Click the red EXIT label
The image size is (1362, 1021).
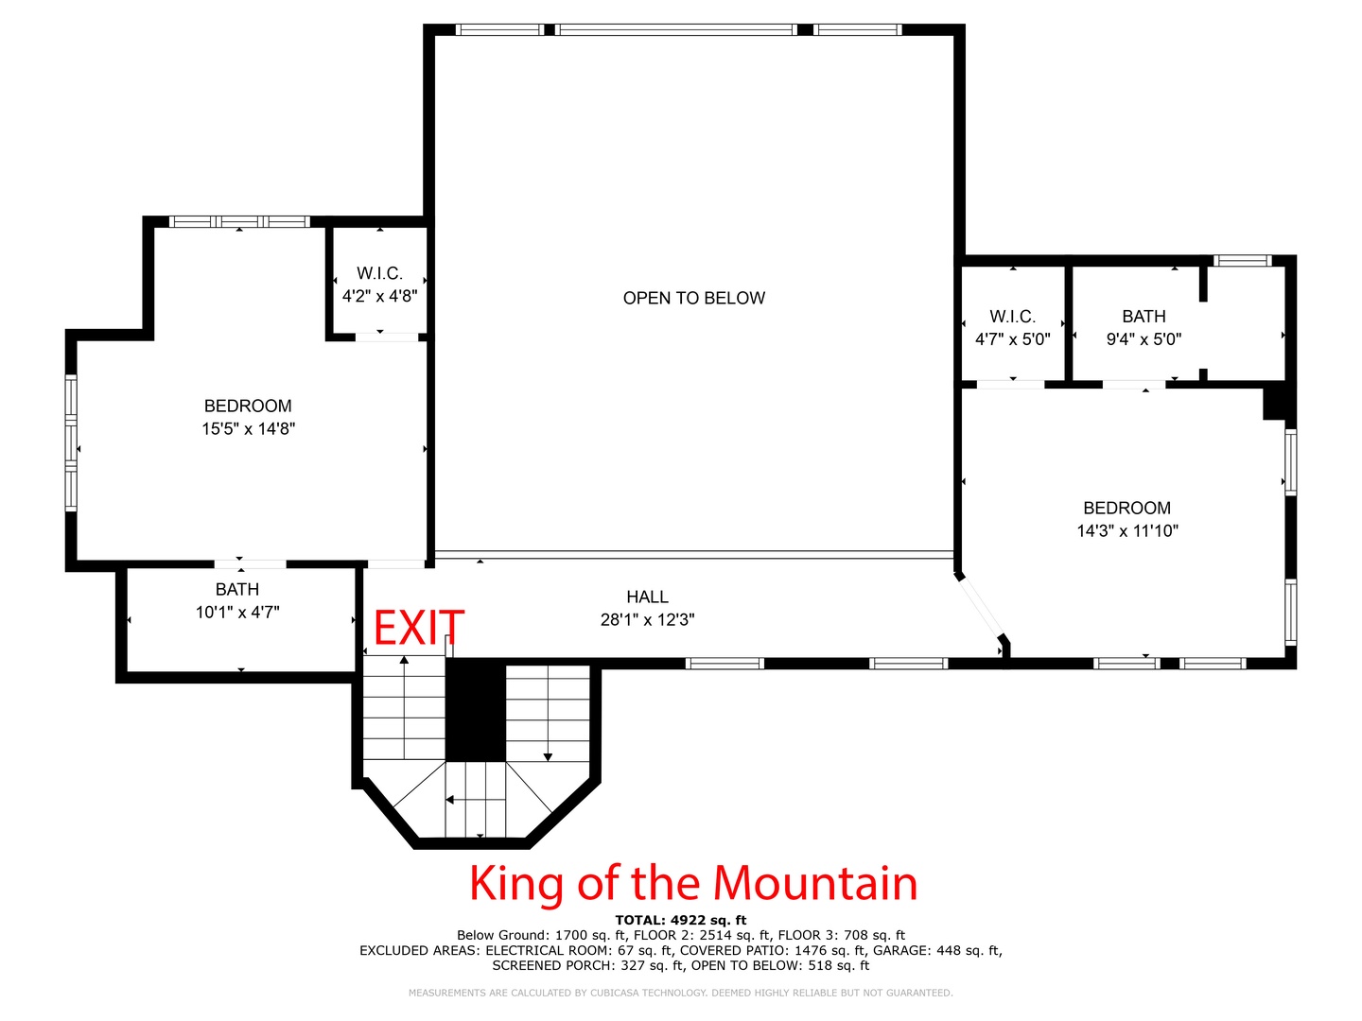point(418,628)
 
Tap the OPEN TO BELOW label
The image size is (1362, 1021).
point(693,298)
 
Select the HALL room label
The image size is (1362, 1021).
point(647,597)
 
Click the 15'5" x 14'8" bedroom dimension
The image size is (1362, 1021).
point(248,428)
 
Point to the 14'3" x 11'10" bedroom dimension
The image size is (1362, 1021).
point(1126,530)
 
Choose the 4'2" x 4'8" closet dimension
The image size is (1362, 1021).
point(379,296)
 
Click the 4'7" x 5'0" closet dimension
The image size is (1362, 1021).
point(1013,339)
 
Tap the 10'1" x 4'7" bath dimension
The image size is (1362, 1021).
point(237,613)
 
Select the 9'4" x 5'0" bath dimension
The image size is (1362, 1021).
point(1144,339)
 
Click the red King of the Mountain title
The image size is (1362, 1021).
point(693,883)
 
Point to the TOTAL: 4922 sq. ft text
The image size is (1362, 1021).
point(681,921)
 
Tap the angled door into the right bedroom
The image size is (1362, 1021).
point(982,609)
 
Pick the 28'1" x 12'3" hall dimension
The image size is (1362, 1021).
point(647,619)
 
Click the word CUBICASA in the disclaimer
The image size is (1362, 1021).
point(614,993)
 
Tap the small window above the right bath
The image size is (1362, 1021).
point(1242,260)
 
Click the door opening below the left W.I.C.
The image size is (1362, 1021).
point(387,337)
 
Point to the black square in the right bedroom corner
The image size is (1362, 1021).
point(1273,404)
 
